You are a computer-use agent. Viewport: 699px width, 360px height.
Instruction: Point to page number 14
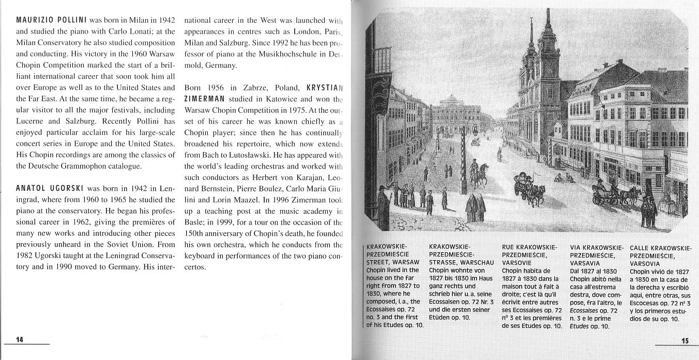point(20,339)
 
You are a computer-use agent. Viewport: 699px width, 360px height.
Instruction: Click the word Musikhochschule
point(286,53)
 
